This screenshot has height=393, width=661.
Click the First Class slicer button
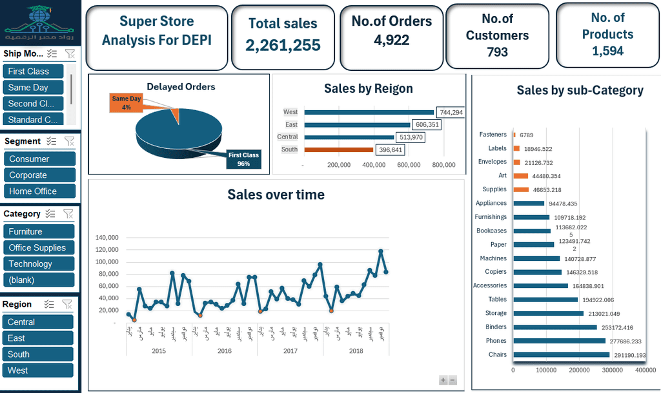coord(34,72)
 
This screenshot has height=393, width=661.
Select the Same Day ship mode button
coord(34,88)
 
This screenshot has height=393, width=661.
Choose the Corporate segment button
coord(39,175)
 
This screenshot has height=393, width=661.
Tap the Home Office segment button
coord(39,191)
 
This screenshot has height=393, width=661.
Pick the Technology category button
coord(39,264)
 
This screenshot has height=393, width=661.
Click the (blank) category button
coord(39,280)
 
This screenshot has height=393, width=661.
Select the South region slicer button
coord(38,354)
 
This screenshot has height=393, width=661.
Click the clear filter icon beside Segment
coord(70,141)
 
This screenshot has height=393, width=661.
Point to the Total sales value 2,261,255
coord(283,44)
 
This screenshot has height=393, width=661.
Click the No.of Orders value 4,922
coord(391,41)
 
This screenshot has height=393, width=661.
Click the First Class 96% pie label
coord(243,159)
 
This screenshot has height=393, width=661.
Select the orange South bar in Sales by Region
coord(338,149)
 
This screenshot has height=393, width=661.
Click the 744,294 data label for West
coord(450,113)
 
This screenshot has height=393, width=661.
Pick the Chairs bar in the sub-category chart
coord(561,355)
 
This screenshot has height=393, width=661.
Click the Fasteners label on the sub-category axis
coord(493,135)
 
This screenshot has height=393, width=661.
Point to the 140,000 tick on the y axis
coord(107,238)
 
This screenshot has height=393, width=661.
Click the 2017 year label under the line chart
coord(290,351)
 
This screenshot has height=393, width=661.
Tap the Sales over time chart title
coord(276,195)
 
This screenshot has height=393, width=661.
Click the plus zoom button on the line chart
coord(443,380)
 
